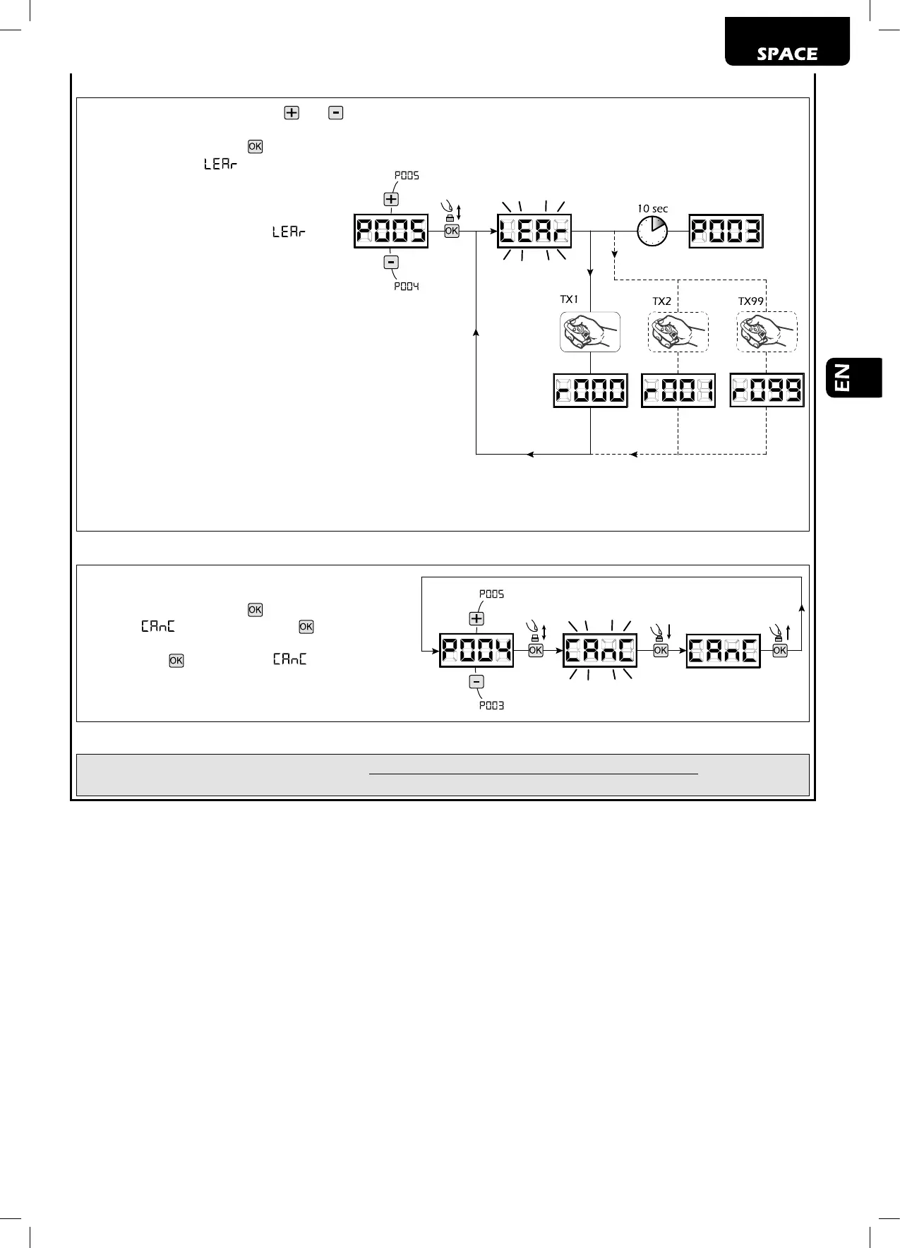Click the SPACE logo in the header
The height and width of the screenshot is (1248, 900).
[x=787, y=54]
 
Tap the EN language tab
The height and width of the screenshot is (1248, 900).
[x=853, y=378]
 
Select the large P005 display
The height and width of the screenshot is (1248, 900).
[x=391, y=231]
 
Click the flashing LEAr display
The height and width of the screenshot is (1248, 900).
[x=534, y=231]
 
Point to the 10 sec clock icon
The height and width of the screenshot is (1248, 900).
[x=652, y=231]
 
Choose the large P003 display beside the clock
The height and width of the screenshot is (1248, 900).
[x=726, y=231]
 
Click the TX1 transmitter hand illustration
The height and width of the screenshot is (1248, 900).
[x=590, y=332]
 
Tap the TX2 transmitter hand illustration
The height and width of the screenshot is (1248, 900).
[x=678, y=332]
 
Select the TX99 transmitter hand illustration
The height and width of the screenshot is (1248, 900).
[x=767, y=332]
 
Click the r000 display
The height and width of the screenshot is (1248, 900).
[x=590, y=390]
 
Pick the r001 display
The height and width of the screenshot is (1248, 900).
[x=678, y=390]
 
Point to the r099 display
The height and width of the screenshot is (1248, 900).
[x=767, y=390]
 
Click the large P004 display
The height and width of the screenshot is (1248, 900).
[x=476, y=650]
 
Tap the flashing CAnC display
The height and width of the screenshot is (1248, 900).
[x=600, y=650]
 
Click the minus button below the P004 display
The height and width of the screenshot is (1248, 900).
[x=476, y=682]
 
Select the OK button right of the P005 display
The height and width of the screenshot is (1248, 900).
[x=452, y=231]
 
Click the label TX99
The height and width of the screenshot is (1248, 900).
[x=751, y=301]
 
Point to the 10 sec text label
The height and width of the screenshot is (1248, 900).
[x=652, y=208]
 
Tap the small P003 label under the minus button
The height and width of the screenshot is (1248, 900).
[x=491, y=705]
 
